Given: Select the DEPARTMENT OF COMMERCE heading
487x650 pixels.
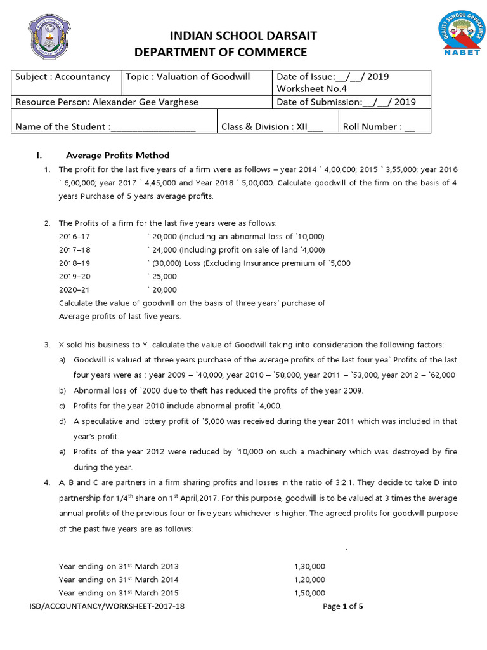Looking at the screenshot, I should [x=221, y=52].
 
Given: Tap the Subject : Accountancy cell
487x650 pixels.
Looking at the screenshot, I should [x=63, y=77].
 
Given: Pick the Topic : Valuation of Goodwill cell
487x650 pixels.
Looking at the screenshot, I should [x=188, y=77].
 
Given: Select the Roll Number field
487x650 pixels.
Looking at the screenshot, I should [x=379, y=126].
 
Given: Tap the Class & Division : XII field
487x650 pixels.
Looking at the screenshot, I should [x=272, y=126].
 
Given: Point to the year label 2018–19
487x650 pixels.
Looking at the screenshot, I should [x=74, y=263].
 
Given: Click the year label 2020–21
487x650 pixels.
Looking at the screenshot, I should [x=74, y=289].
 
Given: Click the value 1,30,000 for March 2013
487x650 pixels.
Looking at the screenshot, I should [x=309, y=566].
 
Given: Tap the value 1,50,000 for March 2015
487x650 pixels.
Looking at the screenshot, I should [x=309, y=593].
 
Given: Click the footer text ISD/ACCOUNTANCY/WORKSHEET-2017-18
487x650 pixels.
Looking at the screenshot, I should [x=107, y=606].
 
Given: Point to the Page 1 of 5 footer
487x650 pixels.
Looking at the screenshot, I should [x=343, y=606].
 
